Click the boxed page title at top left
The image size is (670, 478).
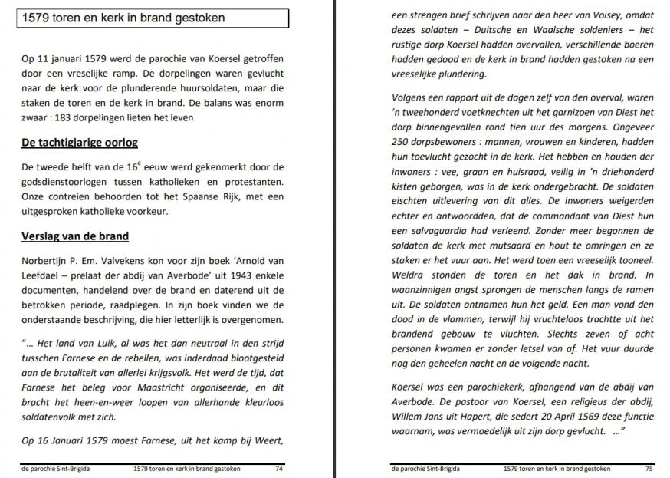(x=153, y=18)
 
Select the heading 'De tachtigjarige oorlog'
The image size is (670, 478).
(x=80, y=143)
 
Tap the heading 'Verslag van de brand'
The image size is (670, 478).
(x=74, y=236)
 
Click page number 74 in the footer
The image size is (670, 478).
(x=279, y=468)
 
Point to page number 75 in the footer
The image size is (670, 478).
(x=649, y=468)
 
